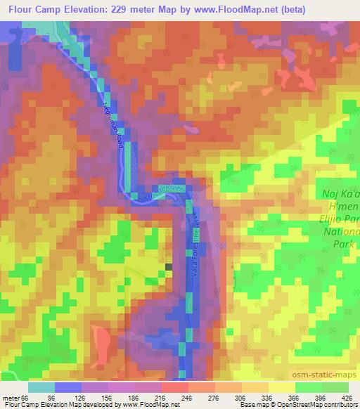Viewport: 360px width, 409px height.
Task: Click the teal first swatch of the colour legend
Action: pyautogui.click(x=41, y=387)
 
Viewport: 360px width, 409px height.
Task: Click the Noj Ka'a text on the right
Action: pyautogui.click(x=340, y=193)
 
